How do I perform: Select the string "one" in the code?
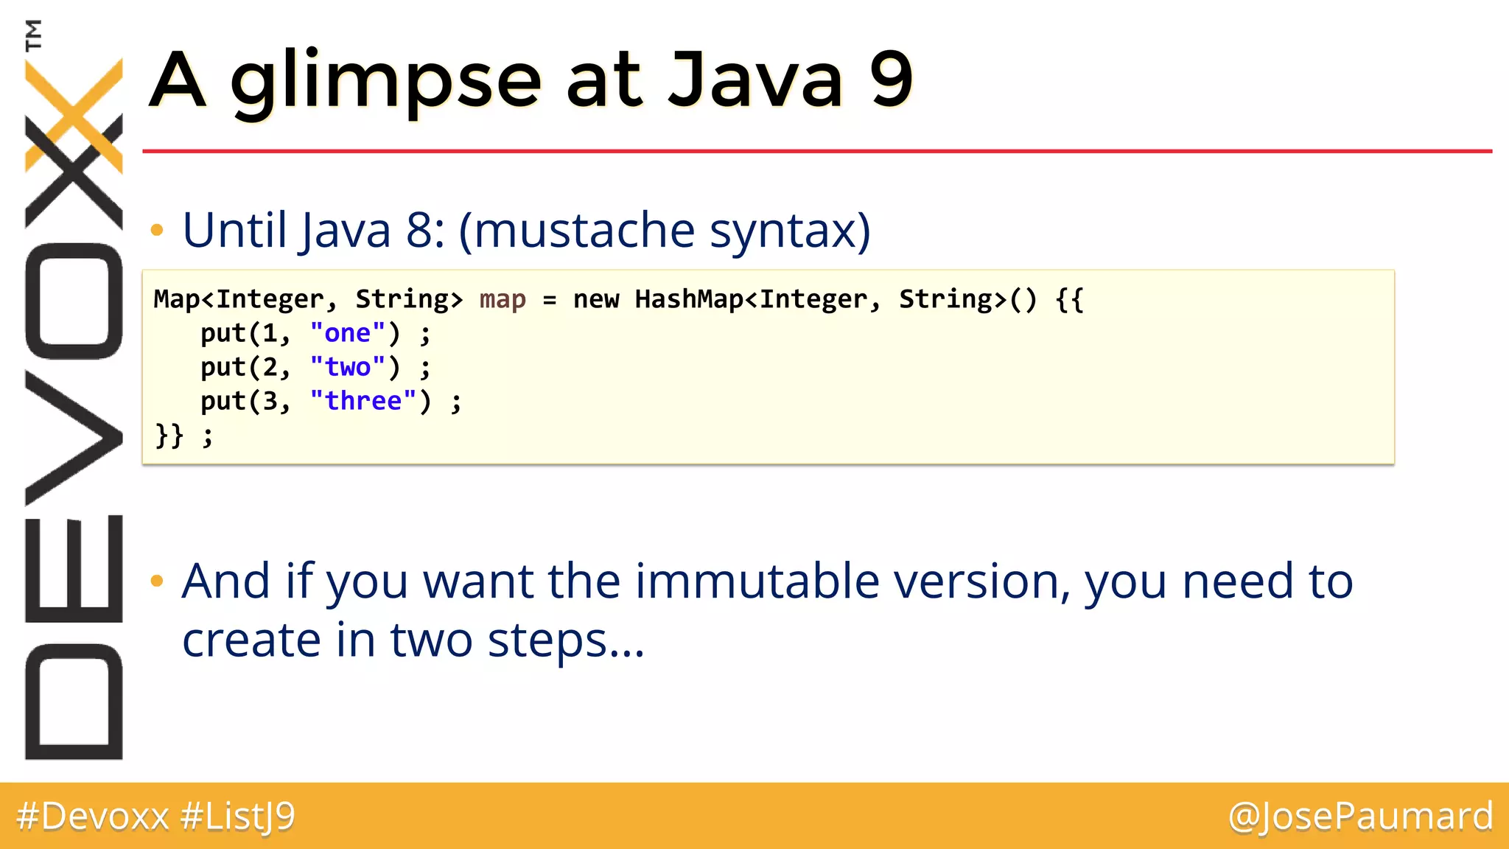click(347, 334)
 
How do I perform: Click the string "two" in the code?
click(347, 368)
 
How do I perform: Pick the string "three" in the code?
click(363, 402)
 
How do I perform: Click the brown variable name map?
click(503, 300)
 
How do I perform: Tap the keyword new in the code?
click(596, 300)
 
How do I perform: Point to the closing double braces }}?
click(169, 436)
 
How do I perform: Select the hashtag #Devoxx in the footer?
click(93, 817)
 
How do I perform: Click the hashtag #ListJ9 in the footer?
click(237, 817)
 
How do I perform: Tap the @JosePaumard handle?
click(1360, 817)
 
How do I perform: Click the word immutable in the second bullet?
click(757, 581)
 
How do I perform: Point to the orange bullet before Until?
click(156, 231)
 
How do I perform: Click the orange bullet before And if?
click(156, 581)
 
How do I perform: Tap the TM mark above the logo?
click(33, 35)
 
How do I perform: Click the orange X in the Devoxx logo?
click(74, 114)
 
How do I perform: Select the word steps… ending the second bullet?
click(565, 640)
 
